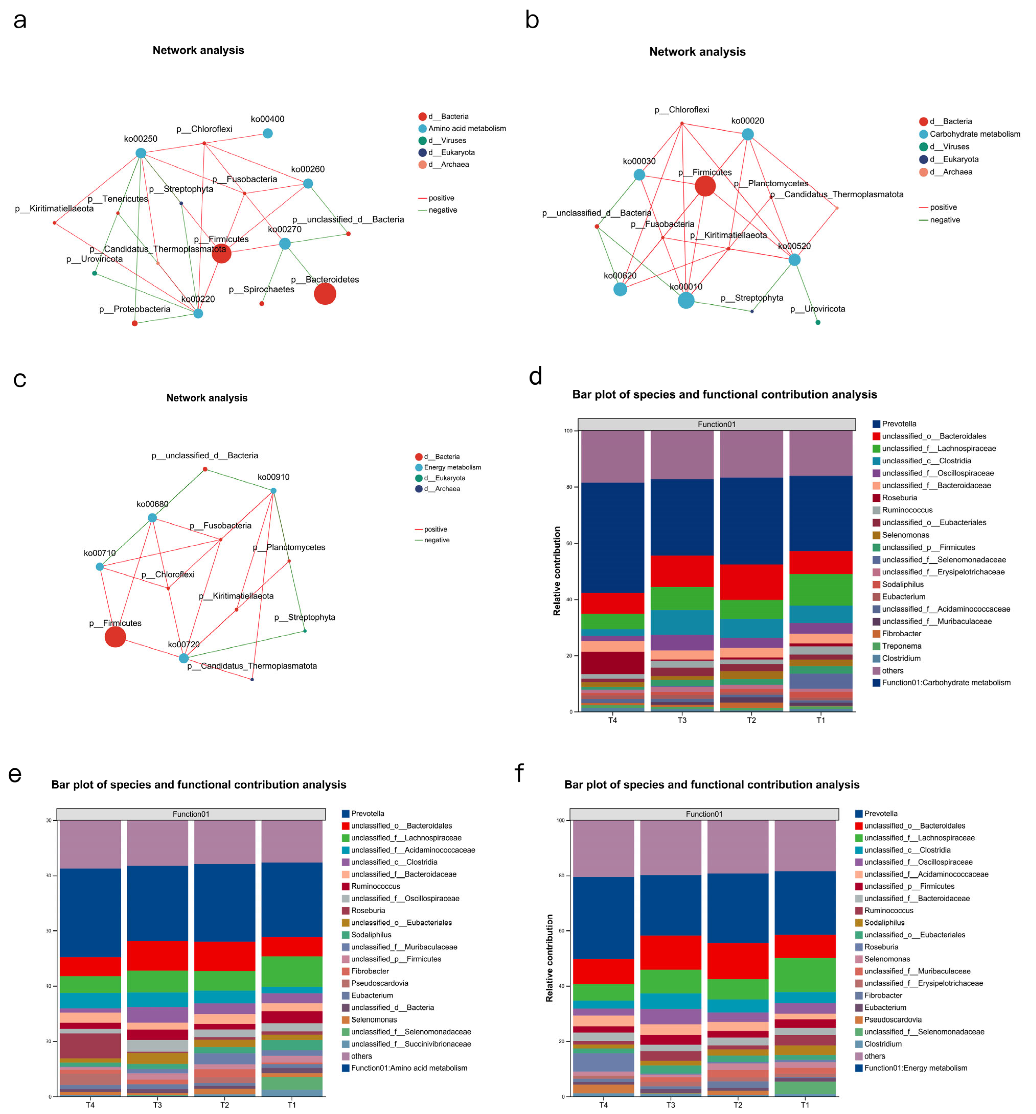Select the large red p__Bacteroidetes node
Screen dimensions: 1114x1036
pos(325,294)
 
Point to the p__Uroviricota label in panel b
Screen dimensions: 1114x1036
pos(818,309)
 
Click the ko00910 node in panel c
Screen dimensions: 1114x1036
pos(273,491)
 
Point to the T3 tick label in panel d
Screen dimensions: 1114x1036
pos(682,720)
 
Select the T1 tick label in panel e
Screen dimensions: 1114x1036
pos(292,1105)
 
